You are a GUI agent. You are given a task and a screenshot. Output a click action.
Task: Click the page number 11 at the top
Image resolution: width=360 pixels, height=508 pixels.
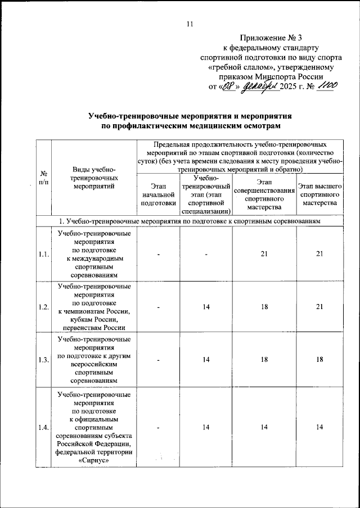click(190, 24)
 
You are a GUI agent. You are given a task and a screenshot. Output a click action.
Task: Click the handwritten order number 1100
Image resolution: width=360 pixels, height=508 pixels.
click(326, 85)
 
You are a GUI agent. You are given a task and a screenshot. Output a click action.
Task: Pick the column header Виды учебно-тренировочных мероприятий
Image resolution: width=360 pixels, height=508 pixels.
click(94, 177)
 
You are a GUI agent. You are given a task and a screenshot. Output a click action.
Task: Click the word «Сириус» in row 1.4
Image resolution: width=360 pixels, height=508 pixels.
click(94, 460)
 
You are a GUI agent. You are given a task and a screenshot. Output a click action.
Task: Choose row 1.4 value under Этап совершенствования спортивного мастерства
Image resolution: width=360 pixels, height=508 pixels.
click(263, 428)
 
